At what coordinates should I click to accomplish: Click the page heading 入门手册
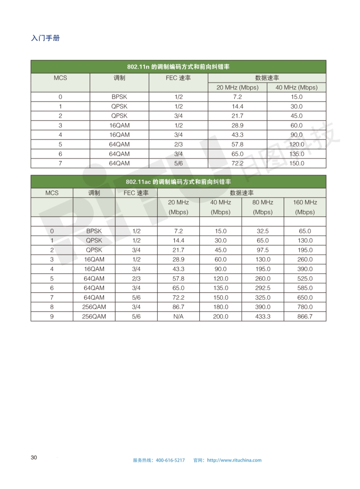click(x=45, y=38)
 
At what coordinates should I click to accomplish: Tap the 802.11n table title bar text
click(x=178, y=67)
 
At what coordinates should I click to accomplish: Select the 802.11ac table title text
click(x=178, y=182)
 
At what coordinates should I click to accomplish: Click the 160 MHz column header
click(x=305, y=207)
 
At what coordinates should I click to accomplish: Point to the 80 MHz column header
click(x=262, y=207)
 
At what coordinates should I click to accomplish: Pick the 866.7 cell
click(x=305, y=316)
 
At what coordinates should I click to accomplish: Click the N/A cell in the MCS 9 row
click(x=178, y=316)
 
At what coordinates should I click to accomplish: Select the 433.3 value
click(x=262, y=316)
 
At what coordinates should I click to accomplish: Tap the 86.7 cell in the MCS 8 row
click(x=178, y=307)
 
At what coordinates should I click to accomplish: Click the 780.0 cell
click(x=305, y=307)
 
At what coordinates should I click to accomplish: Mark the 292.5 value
click(x=262, y=288)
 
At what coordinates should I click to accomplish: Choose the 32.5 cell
click(x=262, y=231)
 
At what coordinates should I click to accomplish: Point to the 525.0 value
click(x=305, y=278)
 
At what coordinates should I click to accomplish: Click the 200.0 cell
click(x=221, y=316)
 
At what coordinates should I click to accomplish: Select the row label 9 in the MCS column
click(x=52, y=316)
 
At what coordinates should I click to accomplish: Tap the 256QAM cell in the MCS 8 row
click(x=94, y=307)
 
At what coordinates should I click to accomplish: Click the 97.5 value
click(x=262, y=250)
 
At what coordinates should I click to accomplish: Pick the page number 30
click(x=34, y=457)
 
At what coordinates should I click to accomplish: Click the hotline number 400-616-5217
click(x=170, y=460)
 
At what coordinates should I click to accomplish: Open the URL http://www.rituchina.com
click(x=234, y=460)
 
